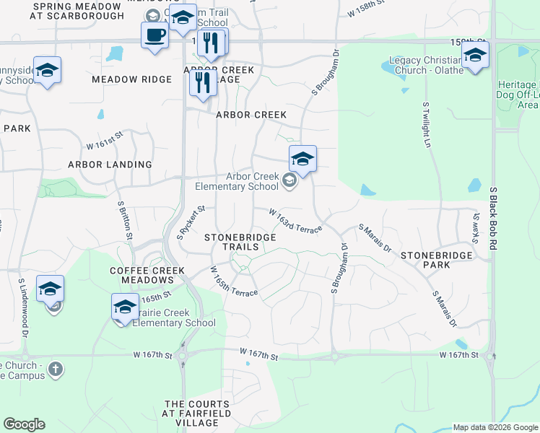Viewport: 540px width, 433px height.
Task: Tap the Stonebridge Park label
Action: tap(436, 260)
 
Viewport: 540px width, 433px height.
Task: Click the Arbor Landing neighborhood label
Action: tap(110, 165)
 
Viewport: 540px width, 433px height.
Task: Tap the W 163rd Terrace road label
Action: tap(295, 220)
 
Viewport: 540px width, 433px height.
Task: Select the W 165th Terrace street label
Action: tap(235, 282)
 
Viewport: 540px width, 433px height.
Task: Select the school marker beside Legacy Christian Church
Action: tap(476, 55)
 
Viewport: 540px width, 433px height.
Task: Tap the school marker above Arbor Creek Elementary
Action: tap(302, 159)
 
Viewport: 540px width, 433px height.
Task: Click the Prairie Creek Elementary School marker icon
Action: tap(125, 307)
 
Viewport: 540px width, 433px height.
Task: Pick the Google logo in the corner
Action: tap(24, 424)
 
